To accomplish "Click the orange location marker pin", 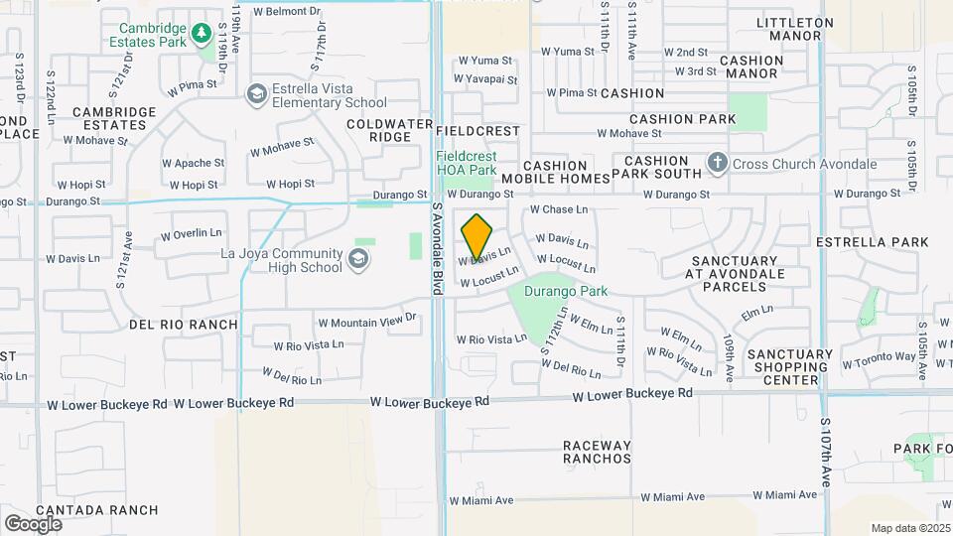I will [476, 236].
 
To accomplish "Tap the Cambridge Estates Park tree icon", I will [202, 35].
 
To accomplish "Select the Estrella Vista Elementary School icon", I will [257, 93].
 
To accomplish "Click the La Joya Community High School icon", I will [357, 260].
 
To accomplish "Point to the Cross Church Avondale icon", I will [718, 163].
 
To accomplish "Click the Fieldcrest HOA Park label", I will [467, 163].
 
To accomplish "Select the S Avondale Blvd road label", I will [436, 248].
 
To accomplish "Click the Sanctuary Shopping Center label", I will [790, 366].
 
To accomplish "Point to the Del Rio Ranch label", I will [184, 324].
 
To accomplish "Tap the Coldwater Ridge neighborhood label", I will [377, 130].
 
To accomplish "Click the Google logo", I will [33, 523].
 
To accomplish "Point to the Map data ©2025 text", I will [910, 528].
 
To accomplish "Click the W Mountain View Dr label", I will [364, 323].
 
